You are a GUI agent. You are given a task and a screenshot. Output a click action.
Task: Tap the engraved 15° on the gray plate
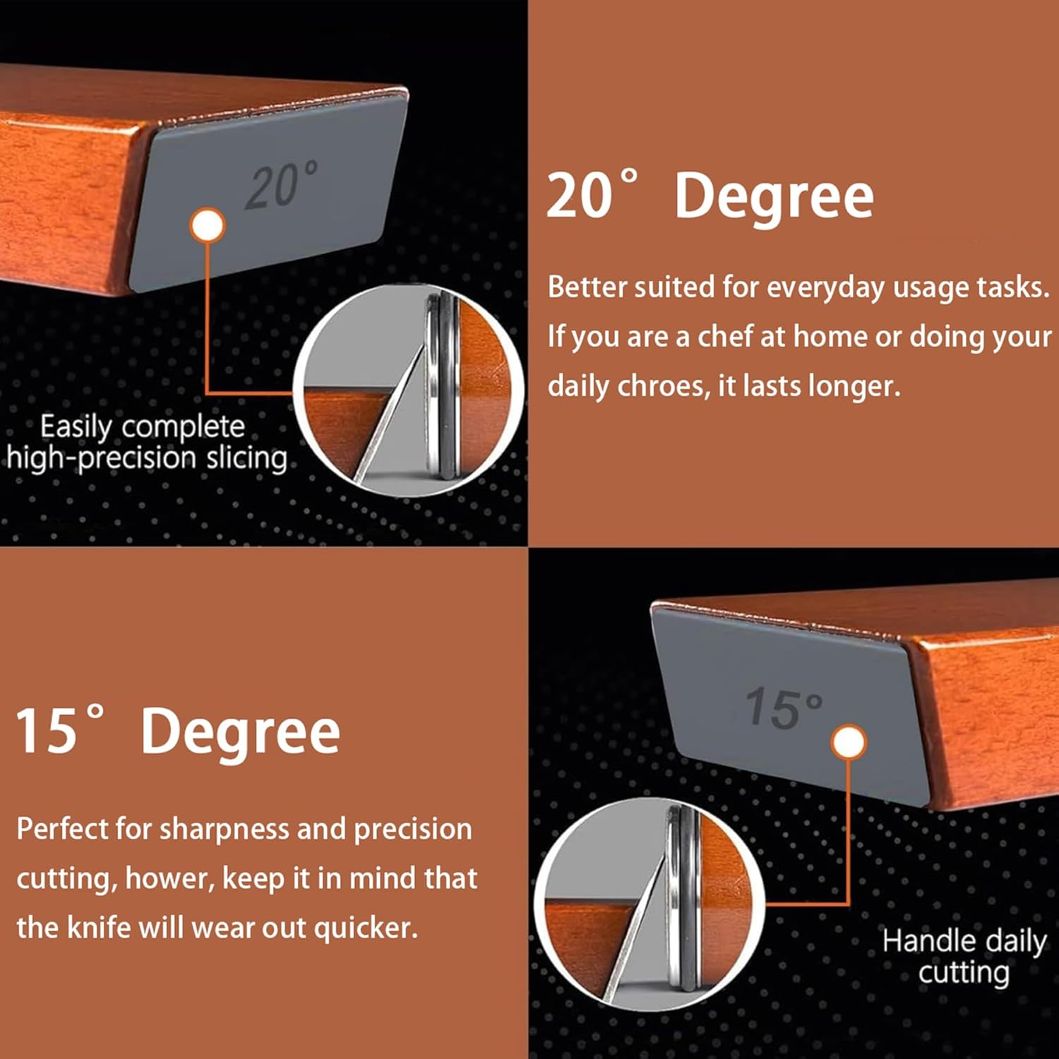(x=784, y=707)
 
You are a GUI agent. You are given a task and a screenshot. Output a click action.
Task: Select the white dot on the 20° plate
(x=208, y=226)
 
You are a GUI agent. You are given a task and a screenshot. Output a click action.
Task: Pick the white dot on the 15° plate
(x=849, y=743)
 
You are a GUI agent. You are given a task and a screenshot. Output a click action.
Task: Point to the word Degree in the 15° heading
(x=241, y=731)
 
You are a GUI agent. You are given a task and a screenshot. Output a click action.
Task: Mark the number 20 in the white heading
(x=580, y=196)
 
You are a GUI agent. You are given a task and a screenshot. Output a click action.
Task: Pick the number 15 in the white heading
(x=47, y=731)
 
